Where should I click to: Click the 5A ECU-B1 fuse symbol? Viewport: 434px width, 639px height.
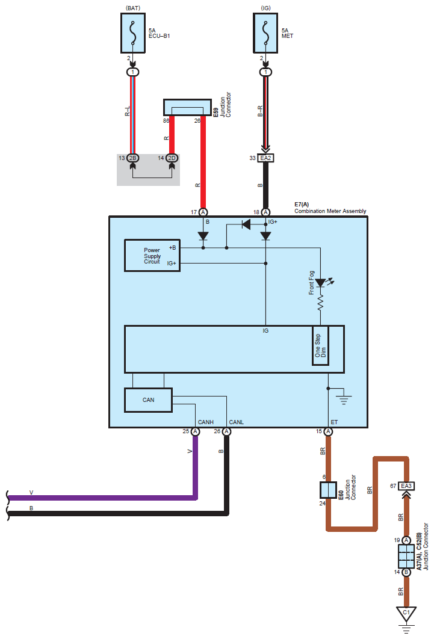pyautogui.click(x=132, y=32)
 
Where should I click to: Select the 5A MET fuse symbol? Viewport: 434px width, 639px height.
pyautogui.click(x=266, y=32)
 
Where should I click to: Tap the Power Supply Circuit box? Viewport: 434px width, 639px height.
pyautogui.click(x=152, y=256)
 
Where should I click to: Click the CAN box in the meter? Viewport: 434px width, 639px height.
pyautogui.click(x=148, y=400)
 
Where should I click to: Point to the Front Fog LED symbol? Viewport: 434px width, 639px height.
pyautogui.click(x=321, y=282)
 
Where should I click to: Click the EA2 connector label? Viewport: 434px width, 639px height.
pyautogui.click(x=266, y=158)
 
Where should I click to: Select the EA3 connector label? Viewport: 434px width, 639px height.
pyautogui.click(x=406, y=486)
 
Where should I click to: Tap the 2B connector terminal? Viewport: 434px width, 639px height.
pyautogui.click(x=133, y=158)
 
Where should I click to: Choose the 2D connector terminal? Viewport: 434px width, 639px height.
pyautogui.click(x=172, y=158)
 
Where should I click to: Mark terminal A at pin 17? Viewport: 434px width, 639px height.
pyautogui.click(x=203, y=212)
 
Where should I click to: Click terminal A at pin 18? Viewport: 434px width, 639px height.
pyautogui.click(x=266, y=212)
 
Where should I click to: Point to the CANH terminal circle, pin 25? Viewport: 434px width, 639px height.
pyautogui.click(x=195, y=431)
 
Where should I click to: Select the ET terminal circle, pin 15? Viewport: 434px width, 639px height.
pyautogui.click(x=328, y=431)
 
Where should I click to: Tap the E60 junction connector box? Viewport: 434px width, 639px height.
pyautogui.click(x=328, y=490)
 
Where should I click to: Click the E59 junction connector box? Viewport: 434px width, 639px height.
pyautogui.click(x=187, y=108)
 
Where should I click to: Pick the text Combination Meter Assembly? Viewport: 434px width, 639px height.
pyautogui.click(x=330, y=211)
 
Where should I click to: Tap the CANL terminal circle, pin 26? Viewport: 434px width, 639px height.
pyautogui.click(x=226, y=431)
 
